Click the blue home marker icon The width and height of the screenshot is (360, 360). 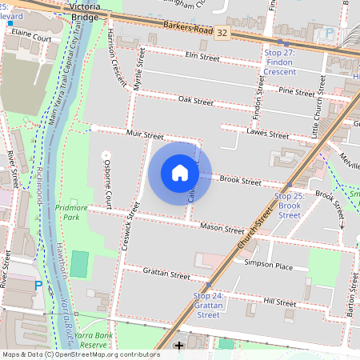point(180,173)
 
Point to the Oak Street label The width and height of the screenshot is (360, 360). point(196,102)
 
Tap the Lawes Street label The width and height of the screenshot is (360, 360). point(268,134)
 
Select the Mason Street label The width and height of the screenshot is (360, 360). point(222,228)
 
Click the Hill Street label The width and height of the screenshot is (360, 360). point(280,302)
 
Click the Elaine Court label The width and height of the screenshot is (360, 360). point(31,38)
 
